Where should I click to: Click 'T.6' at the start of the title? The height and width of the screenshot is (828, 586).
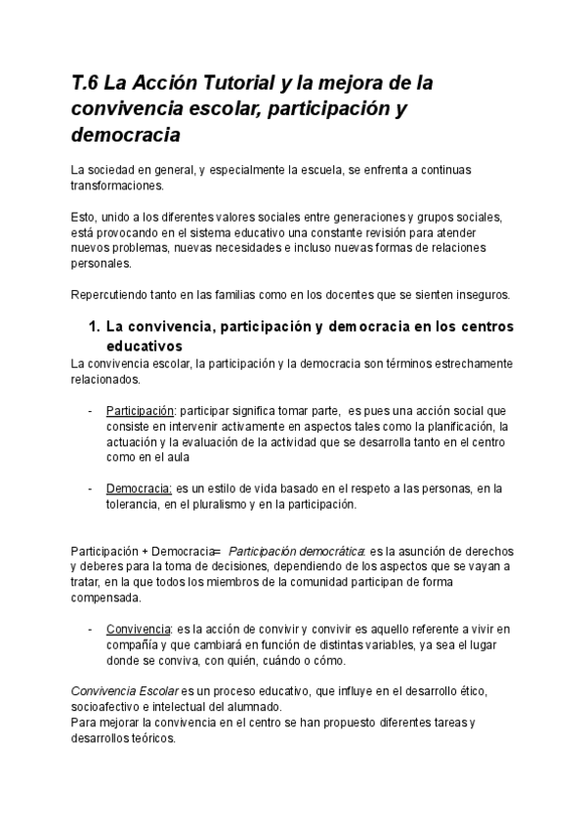[x=85, y=84]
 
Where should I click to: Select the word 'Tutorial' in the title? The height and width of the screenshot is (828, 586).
[x=228, y=84]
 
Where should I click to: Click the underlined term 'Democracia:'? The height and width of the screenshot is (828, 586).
[x=137, y=488]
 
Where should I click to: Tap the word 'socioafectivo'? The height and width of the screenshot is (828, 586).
[x=110, y=707]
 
